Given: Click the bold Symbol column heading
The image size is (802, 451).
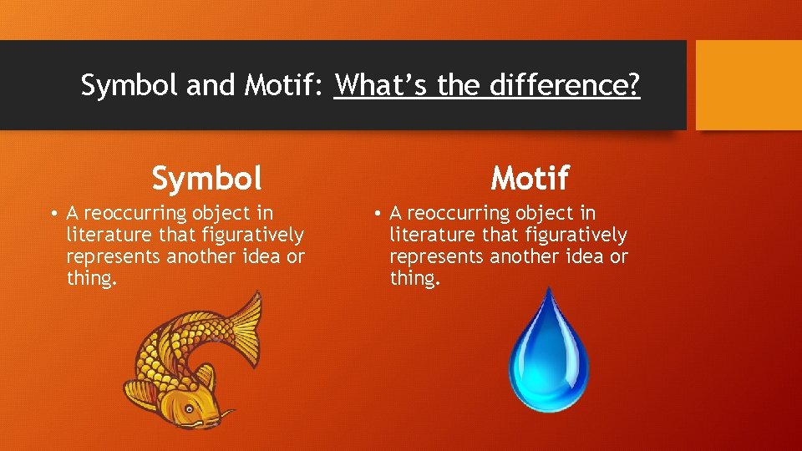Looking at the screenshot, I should click(206, 177).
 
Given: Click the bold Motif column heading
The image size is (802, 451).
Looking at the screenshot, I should click(530, 177).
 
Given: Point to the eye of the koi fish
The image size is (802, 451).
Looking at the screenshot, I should click(190, 408).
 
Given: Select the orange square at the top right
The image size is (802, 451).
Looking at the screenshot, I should click(749, 85).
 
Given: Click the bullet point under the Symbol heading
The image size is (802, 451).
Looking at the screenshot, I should click(53, 214).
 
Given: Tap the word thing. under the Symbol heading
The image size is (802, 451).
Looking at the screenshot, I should click(91, 279).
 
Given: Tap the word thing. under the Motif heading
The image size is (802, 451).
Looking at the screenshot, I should click(414, 279).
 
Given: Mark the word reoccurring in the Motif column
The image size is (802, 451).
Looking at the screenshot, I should click(460, 214).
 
